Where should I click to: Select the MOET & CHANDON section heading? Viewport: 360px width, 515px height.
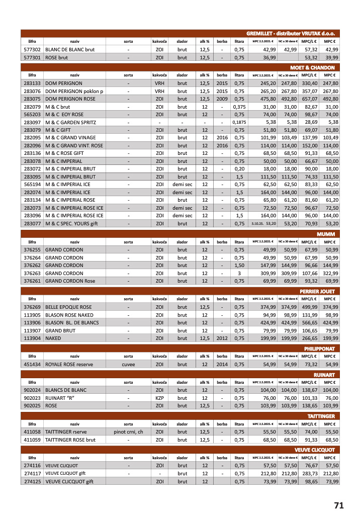tap(312, 67)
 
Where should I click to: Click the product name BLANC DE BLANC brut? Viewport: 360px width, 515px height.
tap(70, 50)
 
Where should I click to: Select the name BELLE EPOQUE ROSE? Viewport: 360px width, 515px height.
tap(68, 307)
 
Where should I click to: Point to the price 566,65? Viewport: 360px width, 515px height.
tap(309, 322)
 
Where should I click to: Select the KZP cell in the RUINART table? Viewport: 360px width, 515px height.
tap(160, 397)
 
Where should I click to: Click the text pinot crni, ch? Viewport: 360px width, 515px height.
tap(128, 431)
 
